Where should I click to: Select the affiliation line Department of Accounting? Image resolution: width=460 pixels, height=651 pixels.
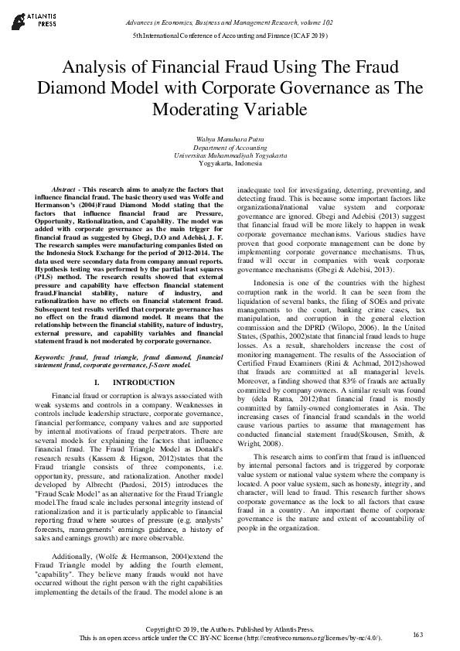(x=230, y=147)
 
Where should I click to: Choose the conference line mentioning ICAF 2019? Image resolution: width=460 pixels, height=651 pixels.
(x=230, y=36)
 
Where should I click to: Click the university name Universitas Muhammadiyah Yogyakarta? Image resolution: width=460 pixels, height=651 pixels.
(x=230, y=155)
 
